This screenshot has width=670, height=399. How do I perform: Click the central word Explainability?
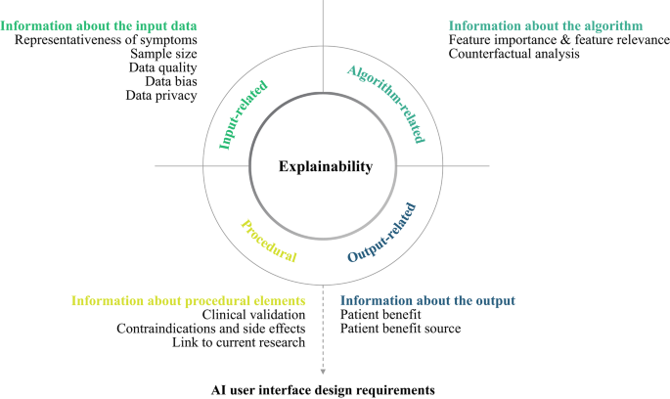[x=326, y=167]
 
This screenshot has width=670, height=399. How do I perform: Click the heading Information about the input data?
[x=99, y=24]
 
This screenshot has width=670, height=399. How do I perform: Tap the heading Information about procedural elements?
[x=188, y=299]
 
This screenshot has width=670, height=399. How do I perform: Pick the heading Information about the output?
[x=427, y=299]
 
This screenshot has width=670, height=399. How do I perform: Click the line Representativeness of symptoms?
[x=106, y=39]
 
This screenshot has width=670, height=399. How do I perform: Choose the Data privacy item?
[x=161, y=96]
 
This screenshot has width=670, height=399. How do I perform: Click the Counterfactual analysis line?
[x=514, y=54]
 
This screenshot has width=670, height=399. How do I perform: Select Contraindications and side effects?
[x=210, y=329]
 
